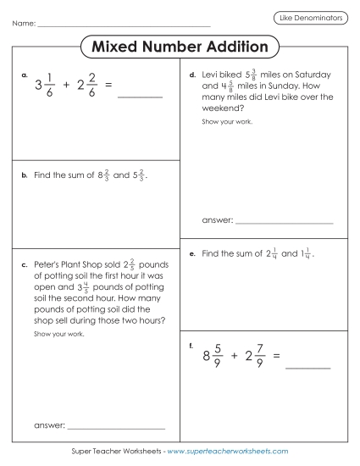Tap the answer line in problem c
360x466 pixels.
coord(115,427)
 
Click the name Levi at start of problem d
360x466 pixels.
coord(212,75)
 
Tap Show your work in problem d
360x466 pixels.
coord(226,121)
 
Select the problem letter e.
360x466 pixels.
coord(193,253)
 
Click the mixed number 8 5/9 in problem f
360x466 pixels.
coord(213,356)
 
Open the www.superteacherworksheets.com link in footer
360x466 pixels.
coord(228,452)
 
